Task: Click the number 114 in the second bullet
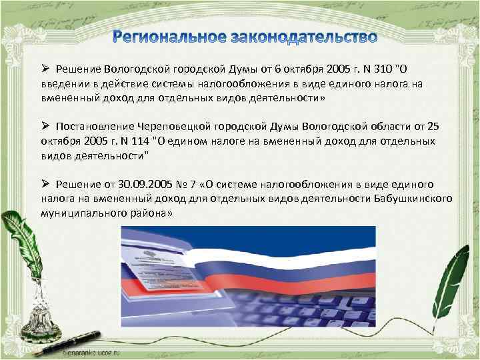(x=139, y=141)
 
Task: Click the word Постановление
(x=95, y=127)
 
